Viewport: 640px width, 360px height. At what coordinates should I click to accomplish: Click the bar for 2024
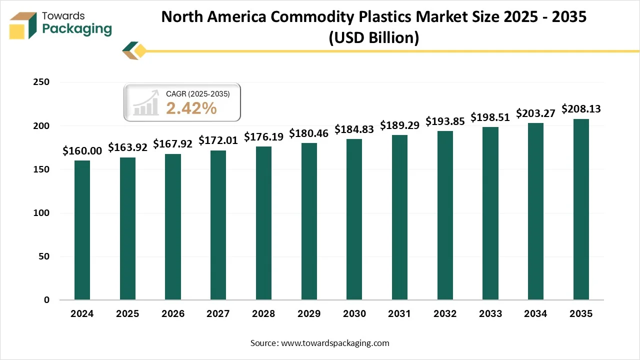pos(82,230)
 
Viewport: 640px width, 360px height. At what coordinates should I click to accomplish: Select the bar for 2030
pos(354,219)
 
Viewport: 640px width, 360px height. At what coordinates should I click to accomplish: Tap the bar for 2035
pos(581,209)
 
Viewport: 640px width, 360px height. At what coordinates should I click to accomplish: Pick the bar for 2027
pos(218,225)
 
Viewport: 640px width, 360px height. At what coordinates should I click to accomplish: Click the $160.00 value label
pos(82,151)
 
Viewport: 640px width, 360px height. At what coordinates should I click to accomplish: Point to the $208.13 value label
pos(581,109)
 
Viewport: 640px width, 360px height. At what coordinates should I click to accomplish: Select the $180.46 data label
pos(308,133)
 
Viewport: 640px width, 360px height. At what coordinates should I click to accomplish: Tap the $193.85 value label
pos(445,121)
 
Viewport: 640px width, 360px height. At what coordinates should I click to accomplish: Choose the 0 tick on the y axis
pos(46,300)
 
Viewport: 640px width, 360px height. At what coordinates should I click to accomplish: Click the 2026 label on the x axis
pos(172,314)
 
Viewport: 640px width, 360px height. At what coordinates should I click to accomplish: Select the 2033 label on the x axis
pos(490,314)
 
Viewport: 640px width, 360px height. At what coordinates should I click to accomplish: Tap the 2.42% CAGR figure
pos(191,108)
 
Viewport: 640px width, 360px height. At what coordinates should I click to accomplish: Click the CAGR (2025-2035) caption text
pos(197,93)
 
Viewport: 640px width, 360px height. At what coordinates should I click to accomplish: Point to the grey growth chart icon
pos(145,104)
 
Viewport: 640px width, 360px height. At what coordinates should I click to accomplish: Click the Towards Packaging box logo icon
pos(23,25)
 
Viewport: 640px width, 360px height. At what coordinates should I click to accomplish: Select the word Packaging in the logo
pos(77,29)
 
